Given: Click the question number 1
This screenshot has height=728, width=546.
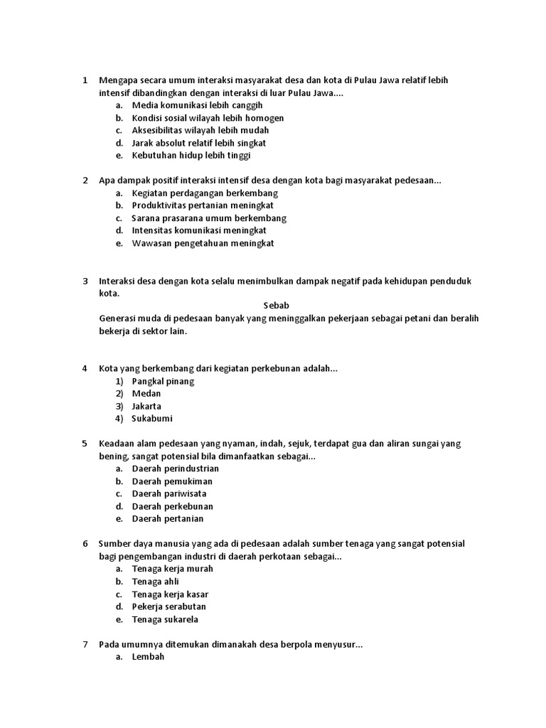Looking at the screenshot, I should (85, 80).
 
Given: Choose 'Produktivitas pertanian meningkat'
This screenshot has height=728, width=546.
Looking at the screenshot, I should (203, 205).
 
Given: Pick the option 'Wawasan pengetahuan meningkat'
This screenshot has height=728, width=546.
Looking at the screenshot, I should (203, 243).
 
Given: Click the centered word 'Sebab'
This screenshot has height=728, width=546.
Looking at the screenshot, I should (277, 306).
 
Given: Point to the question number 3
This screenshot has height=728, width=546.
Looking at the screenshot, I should (85, 281).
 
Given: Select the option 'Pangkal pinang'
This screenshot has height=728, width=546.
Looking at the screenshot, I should (163, 381).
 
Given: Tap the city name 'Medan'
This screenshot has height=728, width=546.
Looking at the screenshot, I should (146, 394).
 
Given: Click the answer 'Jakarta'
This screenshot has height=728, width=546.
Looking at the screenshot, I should (146, 407).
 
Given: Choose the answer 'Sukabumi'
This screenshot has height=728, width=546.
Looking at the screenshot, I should (152, 419).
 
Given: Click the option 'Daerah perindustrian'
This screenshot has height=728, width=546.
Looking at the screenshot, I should (176, 469).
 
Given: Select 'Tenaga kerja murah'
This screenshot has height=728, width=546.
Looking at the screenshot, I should (173, 569).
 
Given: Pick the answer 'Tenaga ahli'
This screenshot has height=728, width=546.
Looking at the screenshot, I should (156, 582).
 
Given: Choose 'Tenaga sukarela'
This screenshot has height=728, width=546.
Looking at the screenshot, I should (165, 619).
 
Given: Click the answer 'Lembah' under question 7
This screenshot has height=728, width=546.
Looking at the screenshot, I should (148, 657).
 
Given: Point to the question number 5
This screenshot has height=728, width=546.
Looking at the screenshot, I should (85, 444).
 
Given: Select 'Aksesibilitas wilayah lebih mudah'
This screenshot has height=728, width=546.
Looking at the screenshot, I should (200, 131).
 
